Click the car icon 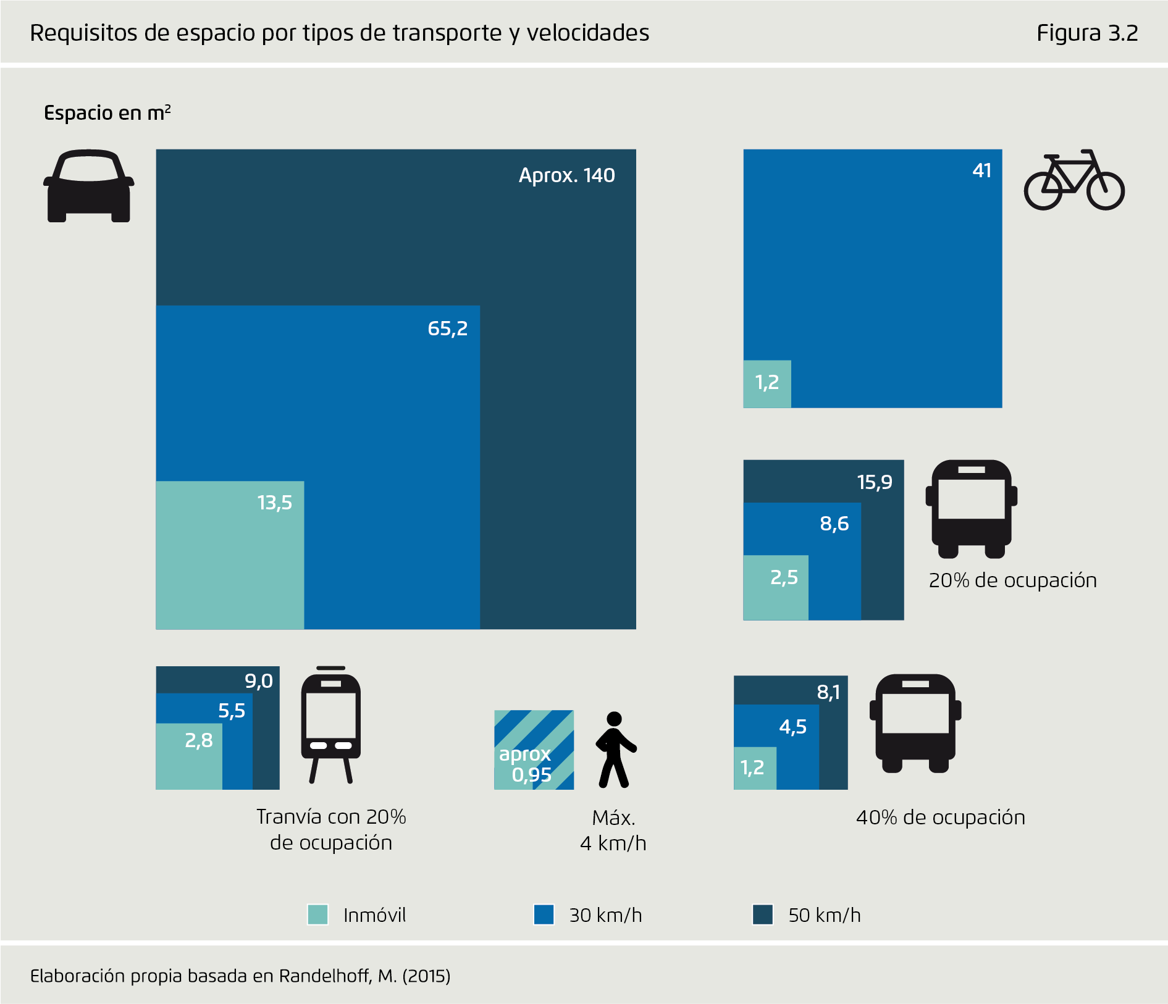[89, 186]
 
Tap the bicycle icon [1074, 180]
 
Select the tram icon [330, 725]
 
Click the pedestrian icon [615, 750]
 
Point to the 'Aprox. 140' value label [566, 175]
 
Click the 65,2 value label [447, 328]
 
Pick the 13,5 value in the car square [274, 503]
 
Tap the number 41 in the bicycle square [981, 170]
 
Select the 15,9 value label [874, 482]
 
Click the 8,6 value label [834, 524]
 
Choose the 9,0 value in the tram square [258, 681]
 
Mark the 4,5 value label [792, 727]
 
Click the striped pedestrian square [534, 750]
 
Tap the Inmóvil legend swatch [317, 914]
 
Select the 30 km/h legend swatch [544, 914]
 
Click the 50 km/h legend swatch [763, 914]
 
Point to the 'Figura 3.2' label [1086, 33]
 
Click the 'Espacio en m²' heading [107, 113]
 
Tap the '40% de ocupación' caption [940, 818]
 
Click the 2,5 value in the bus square [784, 578]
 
